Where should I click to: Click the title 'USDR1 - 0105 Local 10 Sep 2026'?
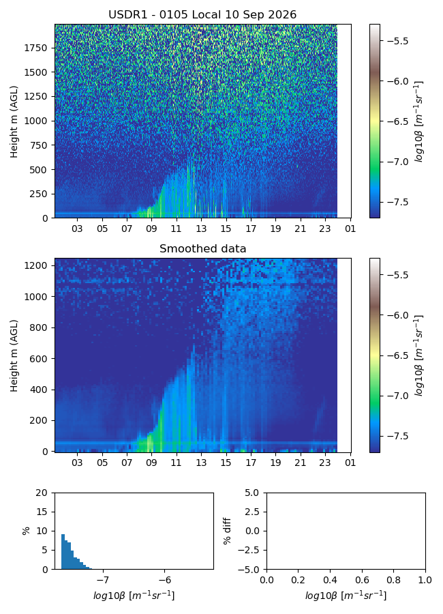click(202, 15)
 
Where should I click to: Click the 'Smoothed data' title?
click(202, 248)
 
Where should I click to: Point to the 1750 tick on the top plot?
click(35, 48)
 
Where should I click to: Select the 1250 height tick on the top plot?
click(35, 96)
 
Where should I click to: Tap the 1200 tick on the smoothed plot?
click(35, 265)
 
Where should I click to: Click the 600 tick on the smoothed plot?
click(38, 358)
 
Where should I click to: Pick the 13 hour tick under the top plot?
click(201, 229)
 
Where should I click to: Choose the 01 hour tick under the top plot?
click(350, 229)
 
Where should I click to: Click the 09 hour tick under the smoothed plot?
click(151, 463)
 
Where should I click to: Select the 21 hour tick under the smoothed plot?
click(300, 463)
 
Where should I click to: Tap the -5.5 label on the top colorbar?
click(397, 41)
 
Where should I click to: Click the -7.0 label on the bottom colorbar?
click(397, 396)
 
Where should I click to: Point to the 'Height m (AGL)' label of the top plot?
click(14, 122)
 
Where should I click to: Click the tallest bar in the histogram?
click(63, 552)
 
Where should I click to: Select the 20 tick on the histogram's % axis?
click(42, 493)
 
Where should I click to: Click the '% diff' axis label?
click(227, 531)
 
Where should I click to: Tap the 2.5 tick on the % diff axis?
click(252, 512)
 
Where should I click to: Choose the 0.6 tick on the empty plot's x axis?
click(362, 579)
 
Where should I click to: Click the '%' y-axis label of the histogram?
click(26, 531)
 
